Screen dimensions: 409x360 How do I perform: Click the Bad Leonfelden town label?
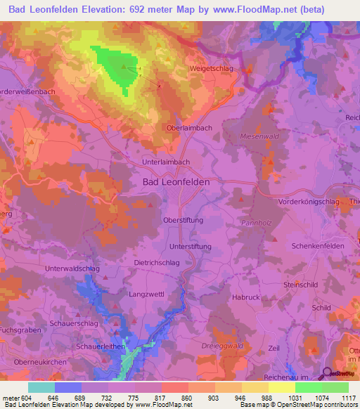tap(176, 181)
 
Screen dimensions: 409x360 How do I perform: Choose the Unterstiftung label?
tap(191, 247)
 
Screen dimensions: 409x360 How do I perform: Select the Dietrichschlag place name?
tap(157, 262)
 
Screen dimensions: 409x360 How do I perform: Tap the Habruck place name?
tap(245, 297)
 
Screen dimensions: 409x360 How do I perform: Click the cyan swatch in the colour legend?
tap(41, 387)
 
